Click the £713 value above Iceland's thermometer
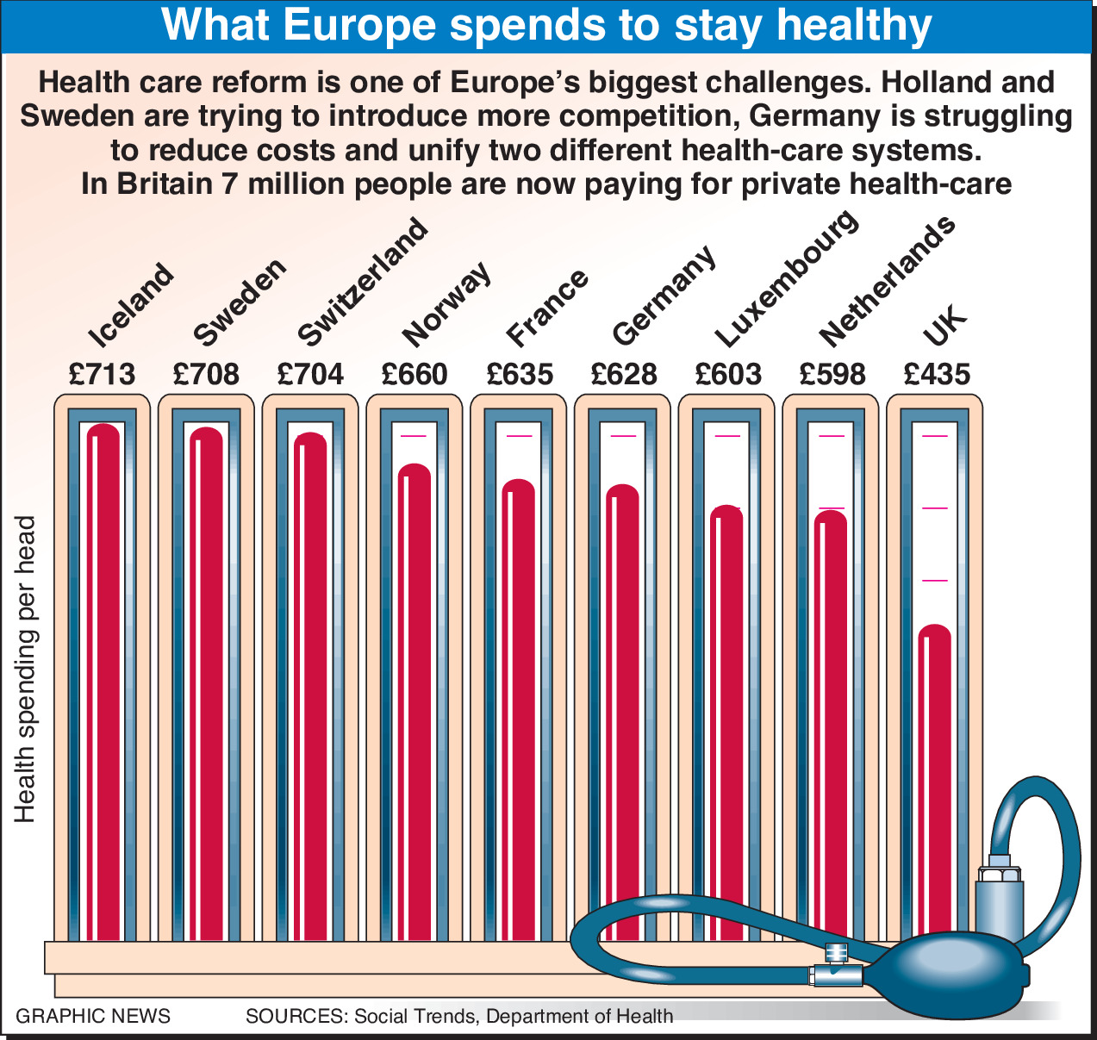pos(103,374)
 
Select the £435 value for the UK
pos(937,374)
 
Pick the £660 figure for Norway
pos(414,374)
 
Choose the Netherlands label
pos(887,279)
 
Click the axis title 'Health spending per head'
pos(26,669)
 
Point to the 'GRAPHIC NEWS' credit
pos(93,1016)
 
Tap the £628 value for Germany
pos(624,374)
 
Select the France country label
pos(547,305)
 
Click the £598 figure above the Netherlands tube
pos(832,374)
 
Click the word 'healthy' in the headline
pos(854,26)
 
